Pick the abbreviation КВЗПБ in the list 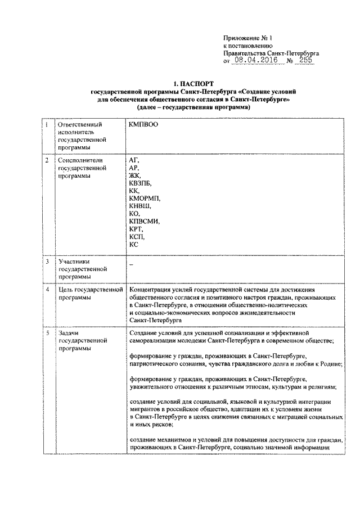point(141,183)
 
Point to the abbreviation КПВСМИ point(144,222)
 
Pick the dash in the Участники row point(131,263)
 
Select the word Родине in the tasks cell point(329,364)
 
